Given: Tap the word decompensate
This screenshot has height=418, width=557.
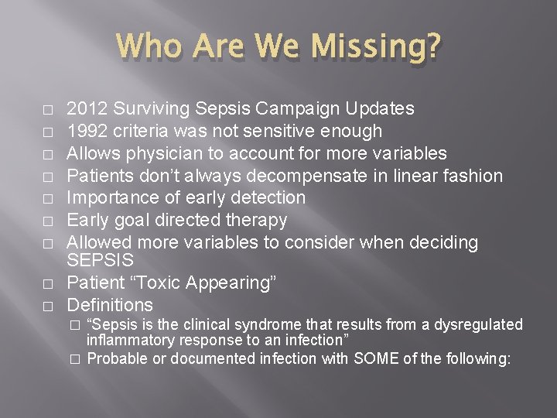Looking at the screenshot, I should coord(300,176).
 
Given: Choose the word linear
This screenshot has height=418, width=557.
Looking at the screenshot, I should coord(406,176).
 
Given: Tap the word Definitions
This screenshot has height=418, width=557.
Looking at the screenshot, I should coord(110,305).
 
